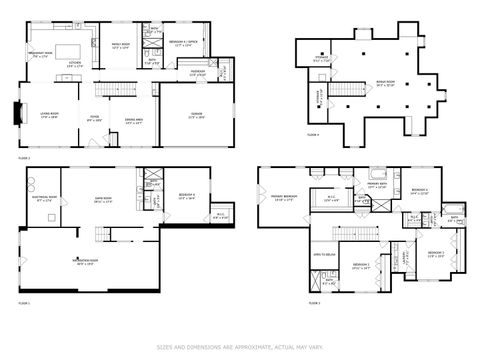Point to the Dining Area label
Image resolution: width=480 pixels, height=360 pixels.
(x=134, y=121)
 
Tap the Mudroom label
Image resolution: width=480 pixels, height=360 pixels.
(x=198, y=72)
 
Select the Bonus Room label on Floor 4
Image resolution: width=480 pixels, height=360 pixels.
(x=387, y=84)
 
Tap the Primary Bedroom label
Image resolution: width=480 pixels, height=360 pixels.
(x=283, y=197)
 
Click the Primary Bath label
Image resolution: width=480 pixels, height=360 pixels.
(x=376, y=185)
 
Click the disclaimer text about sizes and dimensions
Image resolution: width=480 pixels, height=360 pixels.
(x=240, y=348)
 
